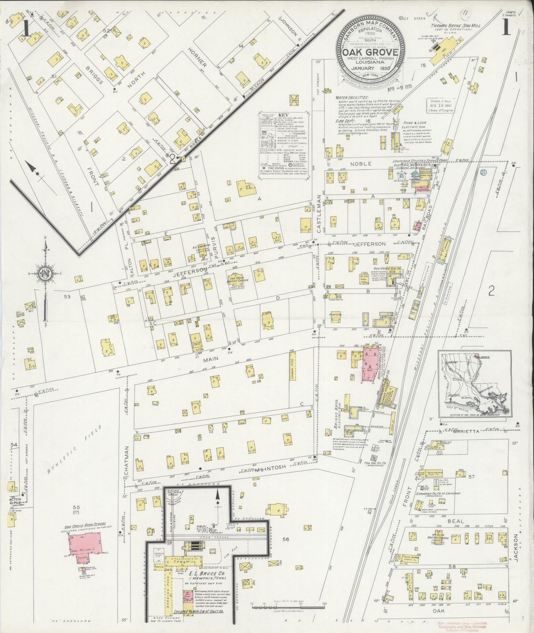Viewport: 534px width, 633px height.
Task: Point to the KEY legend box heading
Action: pos(282,115)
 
